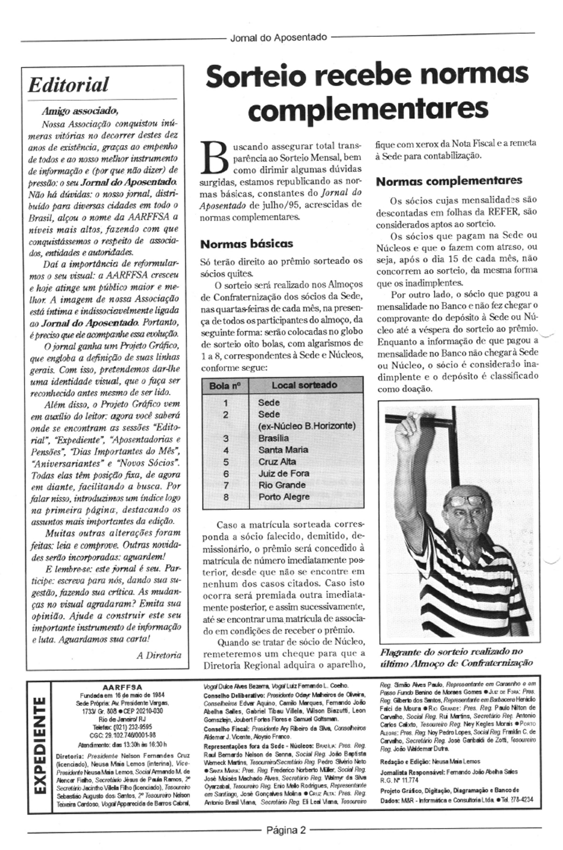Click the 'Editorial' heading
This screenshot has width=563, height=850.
pyautogui.click(x=68, y=85)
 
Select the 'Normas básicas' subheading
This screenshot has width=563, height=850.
pyautogui.click(x=246, y=243)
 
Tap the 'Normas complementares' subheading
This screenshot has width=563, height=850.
pyautogui.click(x=449, y=181)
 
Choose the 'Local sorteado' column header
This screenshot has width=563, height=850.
pyautogui.click(x=304, y=385)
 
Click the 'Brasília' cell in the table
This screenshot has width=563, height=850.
pyautogui.click(x=273, y=438)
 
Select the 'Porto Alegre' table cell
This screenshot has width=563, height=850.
pyautogui.click(x=283, y=497)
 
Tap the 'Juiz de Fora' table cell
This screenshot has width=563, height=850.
pyautogui.click(x=283, y=473)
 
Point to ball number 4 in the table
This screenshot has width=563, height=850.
pyautogui.click(x=226, y=450)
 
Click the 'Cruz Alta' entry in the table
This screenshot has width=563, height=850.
pyautogui.click(x=276, y=462)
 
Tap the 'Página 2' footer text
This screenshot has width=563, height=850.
pyautogui.click(x=285, y=831)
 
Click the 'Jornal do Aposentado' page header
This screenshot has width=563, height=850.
pyautogui.click(x=278, y=38)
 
